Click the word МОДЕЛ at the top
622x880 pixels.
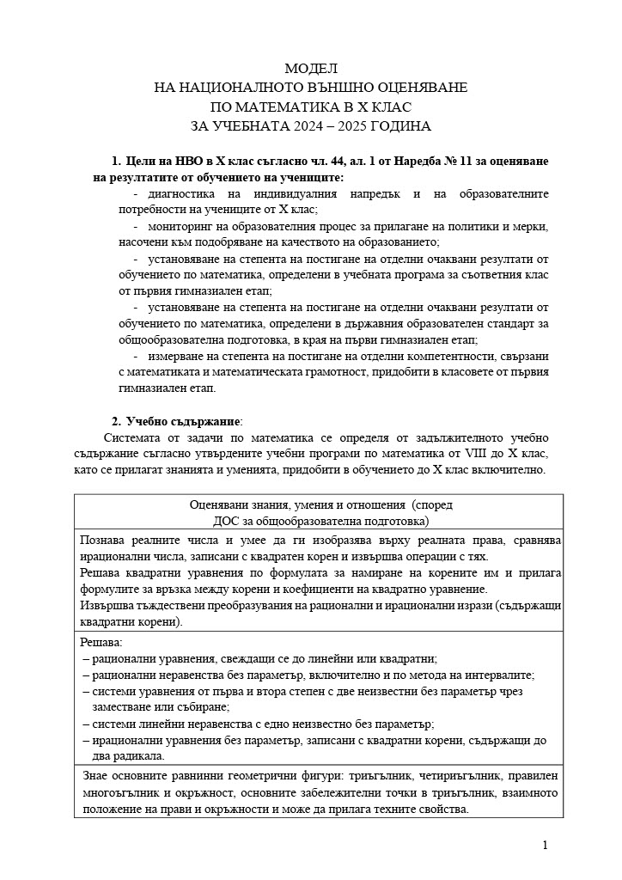tap(311, 68)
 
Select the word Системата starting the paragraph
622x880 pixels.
tap(131, 437)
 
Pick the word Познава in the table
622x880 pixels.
tap(102, 541)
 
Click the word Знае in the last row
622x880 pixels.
tap(94, 776)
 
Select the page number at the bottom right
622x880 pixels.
tap(546, 846)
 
